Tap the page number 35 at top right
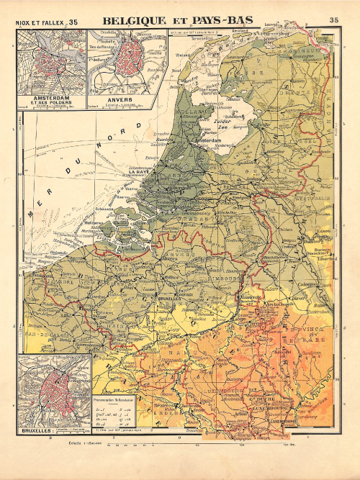pos(334,21)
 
